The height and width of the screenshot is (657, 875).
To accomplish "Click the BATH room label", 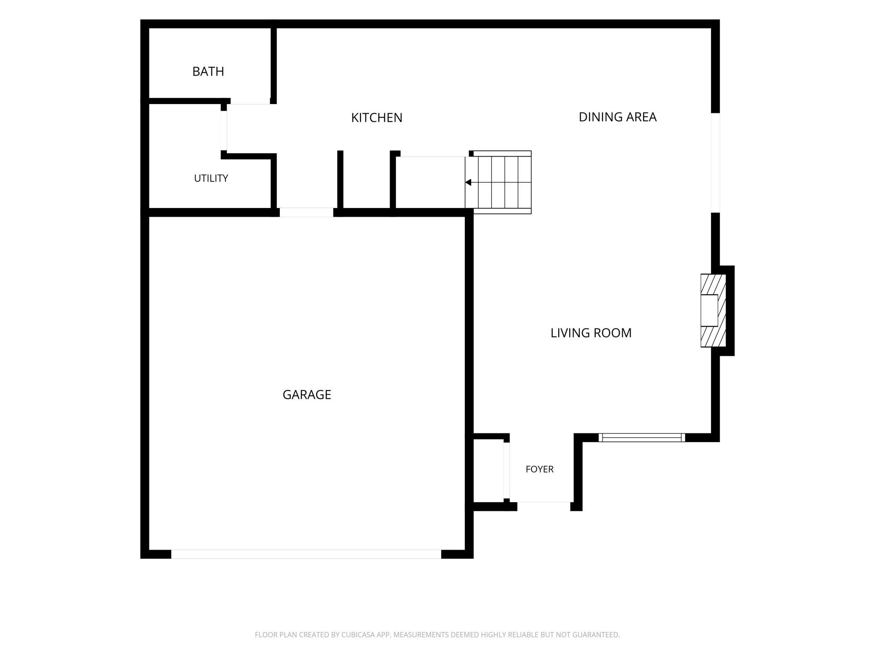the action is pos(208,72).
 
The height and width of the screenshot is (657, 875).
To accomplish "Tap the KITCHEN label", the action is pos(377,118).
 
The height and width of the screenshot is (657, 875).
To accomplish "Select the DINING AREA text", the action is pos(618,117).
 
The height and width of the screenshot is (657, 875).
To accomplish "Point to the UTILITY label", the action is pos(211,178).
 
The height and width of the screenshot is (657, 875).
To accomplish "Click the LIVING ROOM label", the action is pos(591,333).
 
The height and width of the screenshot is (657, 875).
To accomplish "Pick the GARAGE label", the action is pos(307,395).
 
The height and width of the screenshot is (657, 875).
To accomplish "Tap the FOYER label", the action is pos(539,469).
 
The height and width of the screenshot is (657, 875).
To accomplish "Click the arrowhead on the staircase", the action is pos(468,182).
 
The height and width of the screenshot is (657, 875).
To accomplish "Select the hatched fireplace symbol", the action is pos(713,310).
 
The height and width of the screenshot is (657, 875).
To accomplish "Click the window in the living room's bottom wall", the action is pos(642,438).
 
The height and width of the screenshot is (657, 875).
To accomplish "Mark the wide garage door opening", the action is pos(306,554).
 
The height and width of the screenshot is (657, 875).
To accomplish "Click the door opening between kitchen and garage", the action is pos(306,212).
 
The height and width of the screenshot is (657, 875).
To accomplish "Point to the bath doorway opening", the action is pos(250,101).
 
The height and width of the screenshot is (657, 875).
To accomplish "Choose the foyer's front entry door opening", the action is pos(544,506).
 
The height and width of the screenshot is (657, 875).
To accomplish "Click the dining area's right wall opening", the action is pos(715,163).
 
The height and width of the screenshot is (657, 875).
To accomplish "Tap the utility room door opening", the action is pos(224,131).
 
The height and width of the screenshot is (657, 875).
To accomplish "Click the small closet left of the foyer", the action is pos(488,471).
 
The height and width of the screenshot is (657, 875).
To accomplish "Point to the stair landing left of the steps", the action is pos(430,182).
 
